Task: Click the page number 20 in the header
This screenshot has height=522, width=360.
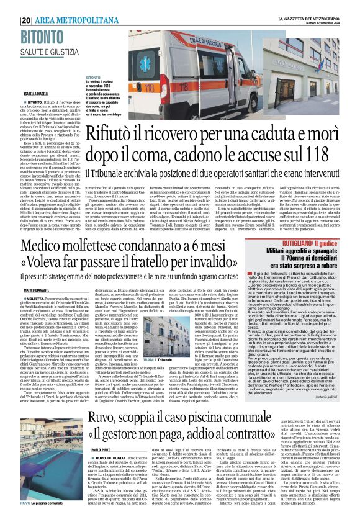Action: pyautogui.click(x=26, y=20)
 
